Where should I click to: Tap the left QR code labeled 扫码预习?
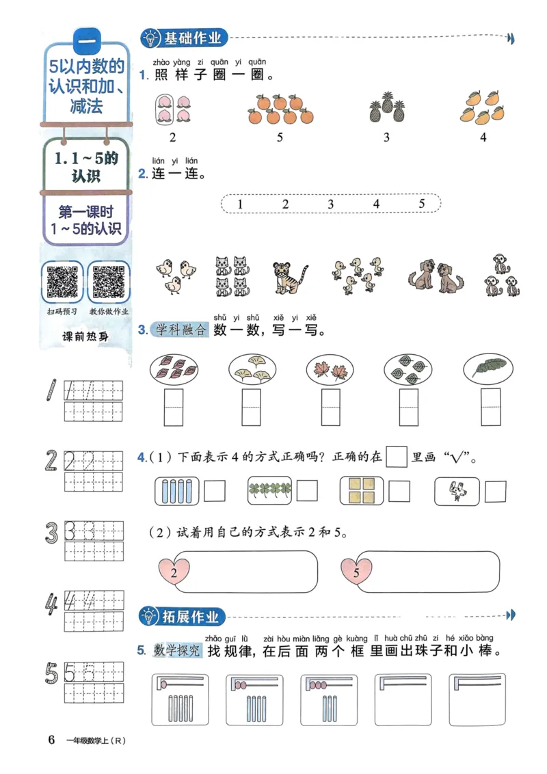click(62, 281)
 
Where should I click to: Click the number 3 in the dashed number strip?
click(331, 204)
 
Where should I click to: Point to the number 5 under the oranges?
click(280, 137)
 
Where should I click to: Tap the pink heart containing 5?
click(356, 572)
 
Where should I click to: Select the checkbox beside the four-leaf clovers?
click(307, 491)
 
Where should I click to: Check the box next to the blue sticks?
click(215, 491)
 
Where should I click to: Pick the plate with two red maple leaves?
click(332, 370)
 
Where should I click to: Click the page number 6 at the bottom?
click(51, 739)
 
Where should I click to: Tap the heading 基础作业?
click(192, 38)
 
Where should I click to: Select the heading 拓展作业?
click(192, 617)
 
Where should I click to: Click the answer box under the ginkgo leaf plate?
click(251, 408)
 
